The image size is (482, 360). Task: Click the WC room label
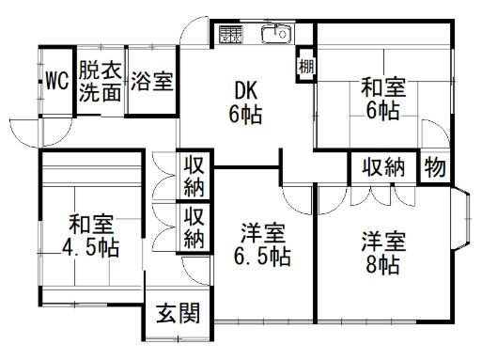57,81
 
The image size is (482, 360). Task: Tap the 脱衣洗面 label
100,82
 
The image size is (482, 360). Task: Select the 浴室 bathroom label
152,82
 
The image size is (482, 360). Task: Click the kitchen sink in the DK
277,34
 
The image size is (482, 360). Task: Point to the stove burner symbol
231,34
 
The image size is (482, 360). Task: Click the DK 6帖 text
246,102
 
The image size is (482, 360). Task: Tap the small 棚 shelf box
305,66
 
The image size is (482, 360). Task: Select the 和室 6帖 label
383,99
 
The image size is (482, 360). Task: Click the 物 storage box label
435,167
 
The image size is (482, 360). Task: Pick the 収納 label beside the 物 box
383,167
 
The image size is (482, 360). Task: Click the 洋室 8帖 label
383,253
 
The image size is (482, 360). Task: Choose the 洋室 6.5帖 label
262,245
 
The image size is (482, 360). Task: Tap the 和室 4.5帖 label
91,236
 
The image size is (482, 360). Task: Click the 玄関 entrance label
179,313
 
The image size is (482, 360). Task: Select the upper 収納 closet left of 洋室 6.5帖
194,176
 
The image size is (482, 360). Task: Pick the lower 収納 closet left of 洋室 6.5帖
194,227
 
